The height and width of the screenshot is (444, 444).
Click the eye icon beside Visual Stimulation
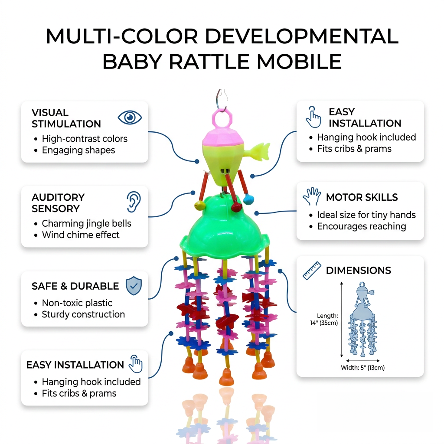[130, 117]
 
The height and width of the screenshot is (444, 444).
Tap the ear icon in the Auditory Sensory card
[134, 202]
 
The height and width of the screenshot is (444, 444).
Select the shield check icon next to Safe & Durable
[134, 286]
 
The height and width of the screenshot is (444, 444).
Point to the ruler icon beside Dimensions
[312, 271]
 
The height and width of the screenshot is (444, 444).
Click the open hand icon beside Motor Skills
[312, 196]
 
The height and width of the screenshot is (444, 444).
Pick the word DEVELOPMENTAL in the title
[302, 36]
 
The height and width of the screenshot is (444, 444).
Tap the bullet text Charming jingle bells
[86, 223]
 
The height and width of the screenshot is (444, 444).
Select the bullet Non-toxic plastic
[77, 303]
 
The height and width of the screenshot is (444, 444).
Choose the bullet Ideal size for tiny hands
[366, 215]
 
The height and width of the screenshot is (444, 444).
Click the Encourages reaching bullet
[362, 226]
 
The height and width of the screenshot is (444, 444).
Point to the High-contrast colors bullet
[85, 139]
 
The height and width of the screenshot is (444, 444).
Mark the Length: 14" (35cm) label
[324, 320]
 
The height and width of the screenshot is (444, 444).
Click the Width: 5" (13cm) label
[363, 368]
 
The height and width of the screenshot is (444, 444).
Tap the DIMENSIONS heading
[359, 271]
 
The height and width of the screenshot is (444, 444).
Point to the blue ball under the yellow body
[248, 200]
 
